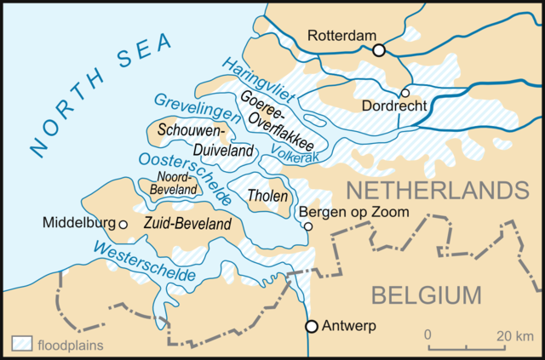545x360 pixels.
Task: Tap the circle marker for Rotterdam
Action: coord(379,50)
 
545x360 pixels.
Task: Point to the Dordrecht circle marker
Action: coord(405,93)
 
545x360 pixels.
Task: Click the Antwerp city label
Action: coord(349,326)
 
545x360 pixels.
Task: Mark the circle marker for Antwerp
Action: coord(312,326)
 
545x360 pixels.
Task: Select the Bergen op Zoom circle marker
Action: coord(308,226)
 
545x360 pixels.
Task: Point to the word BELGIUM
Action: coord(427,295)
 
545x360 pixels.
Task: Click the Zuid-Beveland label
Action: coord(187,224)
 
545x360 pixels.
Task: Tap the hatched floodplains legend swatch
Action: coord(21,345)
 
